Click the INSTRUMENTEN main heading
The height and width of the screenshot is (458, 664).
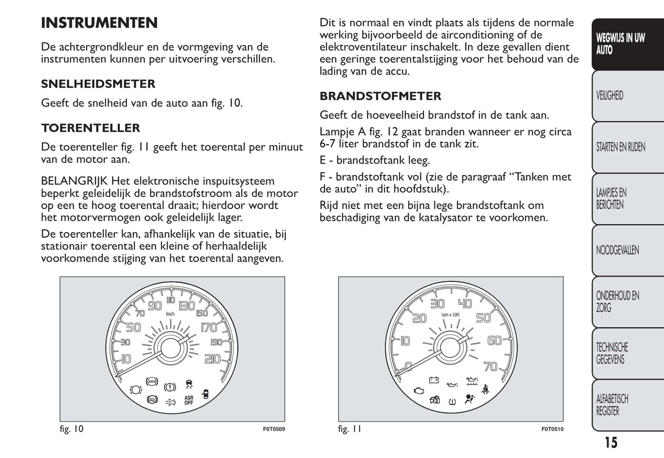pos(99,23)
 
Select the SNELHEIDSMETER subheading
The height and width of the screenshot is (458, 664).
pos(98,84)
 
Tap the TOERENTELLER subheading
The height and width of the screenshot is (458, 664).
pos(91,128)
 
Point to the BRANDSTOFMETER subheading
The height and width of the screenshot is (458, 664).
pos(380,96)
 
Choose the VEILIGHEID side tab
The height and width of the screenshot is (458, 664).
pos(610,95)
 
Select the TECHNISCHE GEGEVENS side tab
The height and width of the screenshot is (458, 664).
pos(612,353)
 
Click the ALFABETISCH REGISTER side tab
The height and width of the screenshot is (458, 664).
pos(612,405)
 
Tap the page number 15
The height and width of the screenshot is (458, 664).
pos(611,442)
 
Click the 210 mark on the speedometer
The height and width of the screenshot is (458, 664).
pos(212,359)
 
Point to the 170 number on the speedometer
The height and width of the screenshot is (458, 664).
pos(209,328)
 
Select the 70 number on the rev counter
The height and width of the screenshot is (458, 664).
pos(491,366)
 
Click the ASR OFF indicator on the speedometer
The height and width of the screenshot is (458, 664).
pos(189,401)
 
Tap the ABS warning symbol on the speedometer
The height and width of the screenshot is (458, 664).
pos(151,381)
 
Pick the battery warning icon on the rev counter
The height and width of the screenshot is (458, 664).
pos(434,380)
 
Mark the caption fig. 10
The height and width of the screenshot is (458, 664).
pos(72,429)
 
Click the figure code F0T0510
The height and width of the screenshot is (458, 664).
pos(552,430)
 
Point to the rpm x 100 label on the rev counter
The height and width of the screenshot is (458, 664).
pos(450,315)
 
